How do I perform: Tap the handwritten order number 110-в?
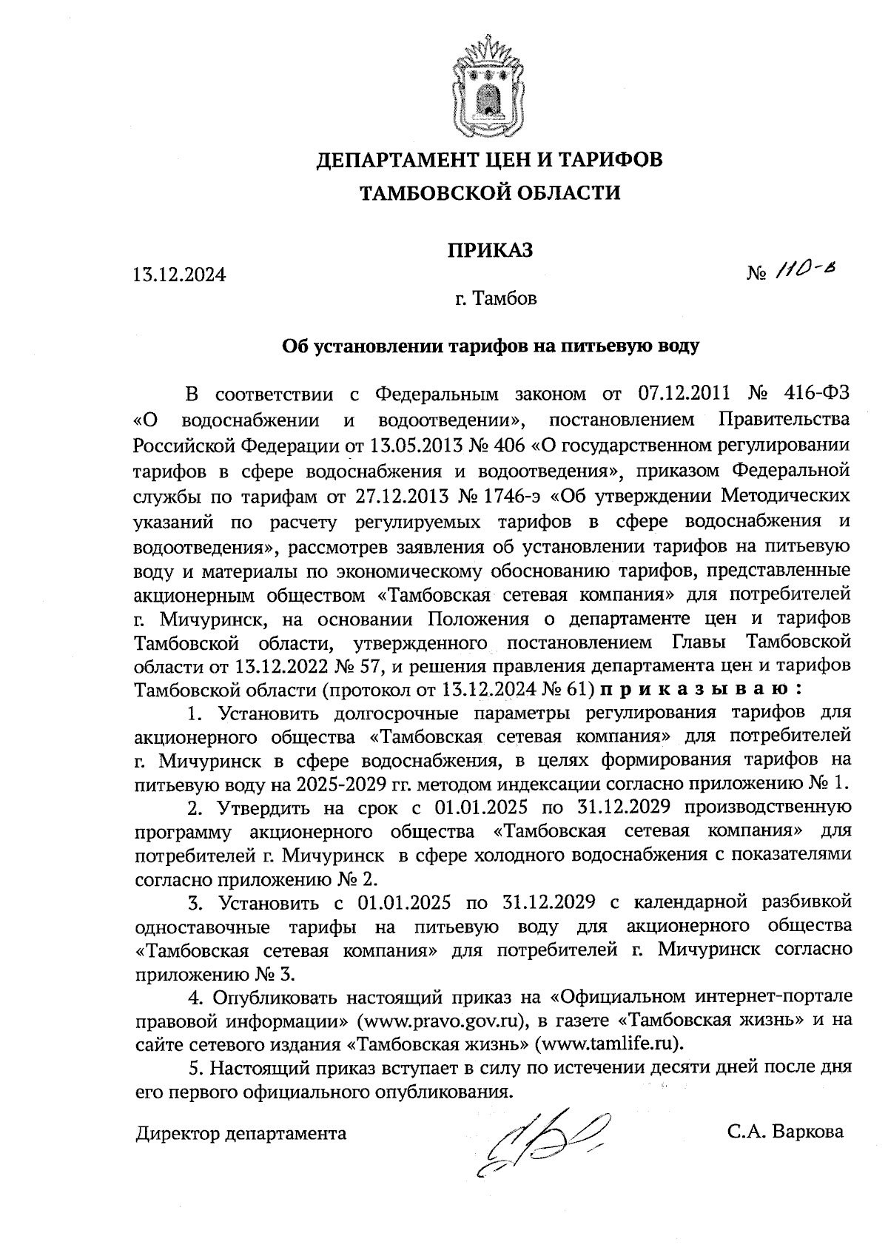pos(807,273)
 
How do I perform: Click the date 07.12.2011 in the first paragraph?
pos(684,392)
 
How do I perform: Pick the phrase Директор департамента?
pos(240,1132)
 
